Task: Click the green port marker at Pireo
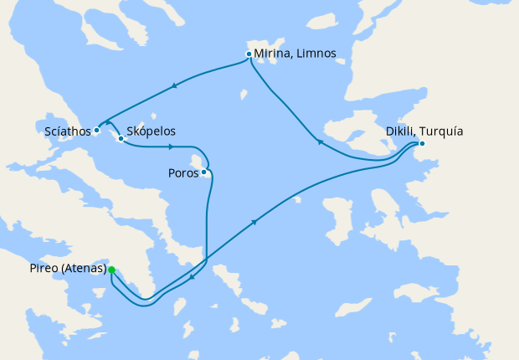click(111, 270)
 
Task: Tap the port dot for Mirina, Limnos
click(249, 54)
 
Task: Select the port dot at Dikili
click(422, 143)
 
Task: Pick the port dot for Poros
click(204, 172)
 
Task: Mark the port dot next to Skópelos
click(121, 138)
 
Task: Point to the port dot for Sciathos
click(97, 130)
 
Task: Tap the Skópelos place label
click(152, 131)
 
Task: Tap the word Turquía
click(443, 131)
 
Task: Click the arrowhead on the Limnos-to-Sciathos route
click(173, 85)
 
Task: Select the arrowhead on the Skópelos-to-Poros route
click(170, 147)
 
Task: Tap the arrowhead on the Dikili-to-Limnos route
click(319, 143)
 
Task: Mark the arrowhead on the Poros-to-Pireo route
click(192, 280)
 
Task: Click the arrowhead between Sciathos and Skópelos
click(109, 122)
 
